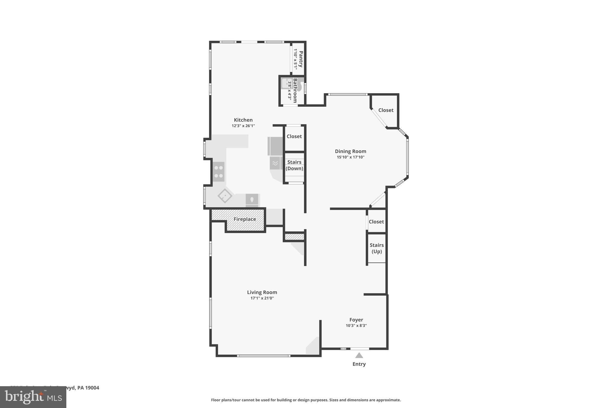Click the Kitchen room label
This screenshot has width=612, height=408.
point(243,120)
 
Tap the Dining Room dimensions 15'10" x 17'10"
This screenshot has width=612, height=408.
point(351,157)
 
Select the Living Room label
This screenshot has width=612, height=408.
point(262,292)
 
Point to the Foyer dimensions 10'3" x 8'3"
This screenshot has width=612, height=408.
point(356,326)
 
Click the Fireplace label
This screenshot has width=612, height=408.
point(244,219)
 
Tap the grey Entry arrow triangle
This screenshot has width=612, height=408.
point(359,355)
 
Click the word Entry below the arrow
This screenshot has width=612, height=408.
point(359,364)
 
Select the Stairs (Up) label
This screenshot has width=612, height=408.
point(377,248)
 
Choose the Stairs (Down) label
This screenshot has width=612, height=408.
point(294,165)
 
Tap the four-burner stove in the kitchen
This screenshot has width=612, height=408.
point(219,172)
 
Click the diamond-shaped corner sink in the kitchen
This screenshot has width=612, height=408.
point(225,196)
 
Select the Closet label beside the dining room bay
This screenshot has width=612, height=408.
point(385,110)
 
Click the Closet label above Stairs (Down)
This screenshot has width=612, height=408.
point(294,136)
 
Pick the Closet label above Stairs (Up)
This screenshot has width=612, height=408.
point(376,221)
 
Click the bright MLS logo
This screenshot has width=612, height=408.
point(33,397)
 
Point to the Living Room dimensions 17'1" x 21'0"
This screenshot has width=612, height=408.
point(262,298)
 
